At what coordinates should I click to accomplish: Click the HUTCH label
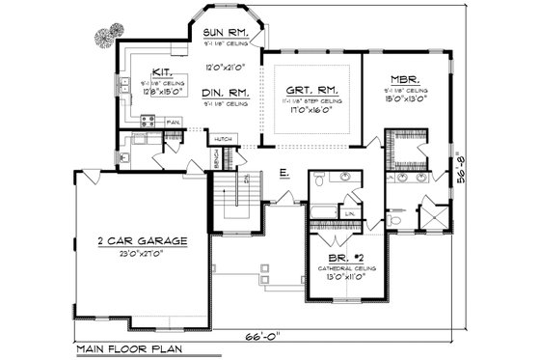click(223, 139)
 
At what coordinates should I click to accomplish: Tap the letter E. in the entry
click(285, 173)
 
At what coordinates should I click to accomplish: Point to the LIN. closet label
click(351, 212)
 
